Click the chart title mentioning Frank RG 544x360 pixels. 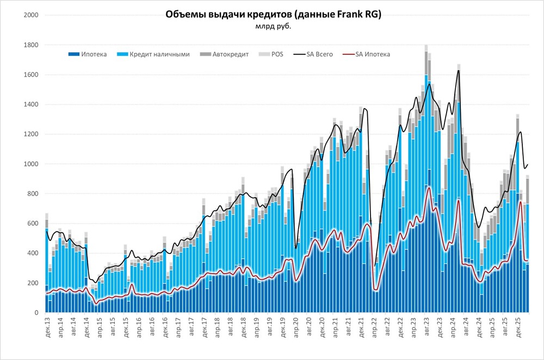click(273, 15)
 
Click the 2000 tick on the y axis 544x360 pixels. click(30, 15)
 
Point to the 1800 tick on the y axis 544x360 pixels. click(30, 45)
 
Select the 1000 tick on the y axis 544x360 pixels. click(30, 164)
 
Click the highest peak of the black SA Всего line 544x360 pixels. click(459, 70)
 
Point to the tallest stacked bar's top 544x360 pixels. click(426, 45)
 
